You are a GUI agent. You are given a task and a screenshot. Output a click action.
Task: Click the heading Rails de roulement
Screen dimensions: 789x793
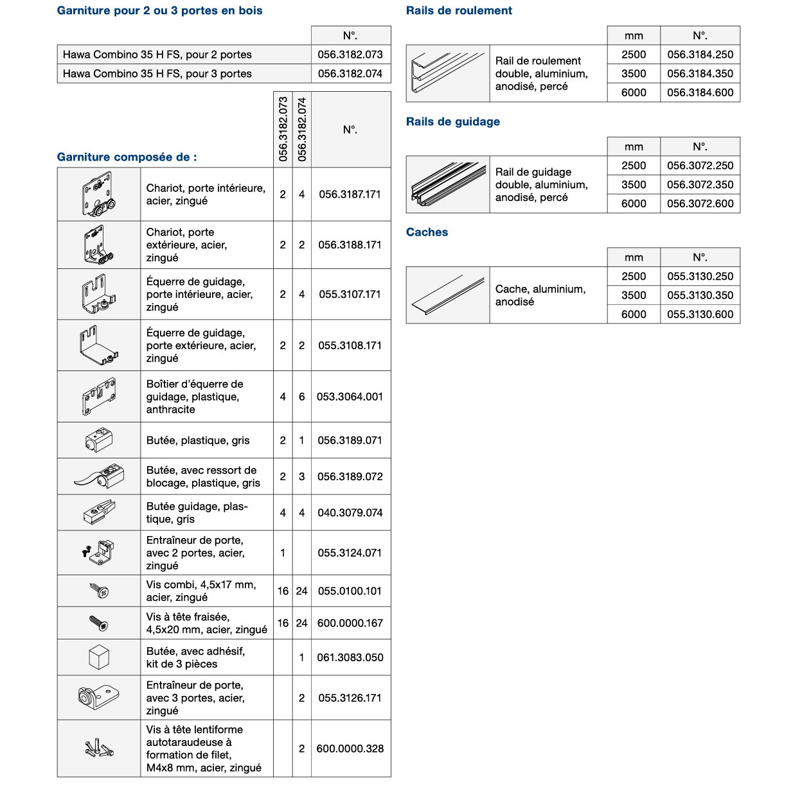(459, 10)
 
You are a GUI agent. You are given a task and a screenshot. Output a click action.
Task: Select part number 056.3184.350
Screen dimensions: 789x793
(700, 73)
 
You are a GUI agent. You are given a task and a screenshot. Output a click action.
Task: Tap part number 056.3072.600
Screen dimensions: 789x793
(700, 204)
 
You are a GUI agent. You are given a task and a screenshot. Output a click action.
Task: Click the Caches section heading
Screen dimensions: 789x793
(427, 232)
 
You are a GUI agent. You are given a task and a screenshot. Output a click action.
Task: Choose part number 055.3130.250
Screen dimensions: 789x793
(700, 276)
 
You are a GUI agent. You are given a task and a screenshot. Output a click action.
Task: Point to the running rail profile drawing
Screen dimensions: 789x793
(447, 73)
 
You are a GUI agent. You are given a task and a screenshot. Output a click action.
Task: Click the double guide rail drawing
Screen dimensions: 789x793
(447, 184)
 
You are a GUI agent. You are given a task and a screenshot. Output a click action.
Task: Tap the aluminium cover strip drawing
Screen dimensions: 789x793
(447, 295)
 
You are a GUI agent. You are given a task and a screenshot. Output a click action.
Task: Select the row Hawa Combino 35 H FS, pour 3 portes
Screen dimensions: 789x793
(157, 74)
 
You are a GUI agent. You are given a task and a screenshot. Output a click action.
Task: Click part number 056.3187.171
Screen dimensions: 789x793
(350, 195)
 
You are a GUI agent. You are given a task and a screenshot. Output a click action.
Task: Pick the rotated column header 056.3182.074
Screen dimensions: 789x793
(302, 129)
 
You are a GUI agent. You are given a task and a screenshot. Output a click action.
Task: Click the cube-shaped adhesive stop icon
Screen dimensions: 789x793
(99, 657)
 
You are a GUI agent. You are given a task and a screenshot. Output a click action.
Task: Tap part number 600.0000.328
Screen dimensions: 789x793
(350, 749)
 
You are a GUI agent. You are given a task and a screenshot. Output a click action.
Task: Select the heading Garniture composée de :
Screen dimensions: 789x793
(127, 157)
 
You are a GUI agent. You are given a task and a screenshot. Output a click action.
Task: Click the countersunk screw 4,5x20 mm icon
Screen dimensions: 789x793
(99, 623)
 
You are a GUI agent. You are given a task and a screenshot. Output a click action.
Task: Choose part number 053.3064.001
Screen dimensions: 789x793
(350, 397)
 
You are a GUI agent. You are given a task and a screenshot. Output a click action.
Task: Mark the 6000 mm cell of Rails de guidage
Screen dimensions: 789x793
(634, 204)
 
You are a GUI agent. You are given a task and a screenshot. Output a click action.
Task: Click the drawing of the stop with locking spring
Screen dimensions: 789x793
(99, 476)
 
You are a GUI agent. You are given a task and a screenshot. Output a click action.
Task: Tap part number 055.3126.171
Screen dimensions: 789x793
(350, 698)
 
